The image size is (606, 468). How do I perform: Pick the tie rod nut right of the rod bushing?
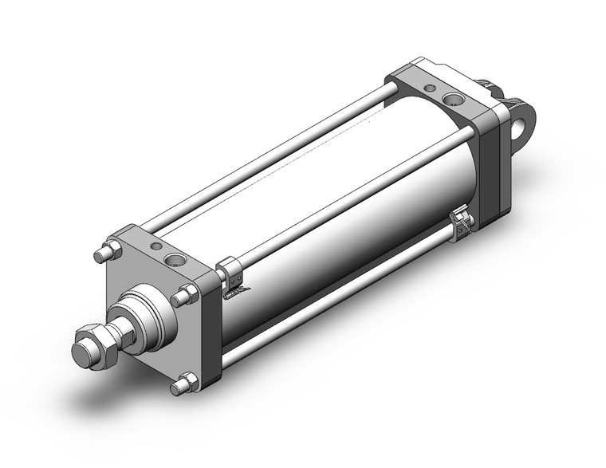pyautogui.click(x=184, y=296)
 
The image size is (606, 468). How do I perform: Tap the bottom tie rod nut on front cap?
pyautogui.click(x=184, y=384)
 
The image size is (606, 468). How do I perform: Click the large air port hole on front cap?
pyautogui.click(x=174, y=260)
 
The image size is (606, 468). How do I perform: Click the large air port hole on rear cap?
pyautogui.click(x=453, y=100)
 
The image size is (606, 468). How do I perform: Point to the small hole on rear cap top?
pyautogui.click(x=431, y=88)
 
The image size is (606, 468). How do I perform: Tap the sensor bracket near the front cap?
pyautogui.click(x=230, y=275)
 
